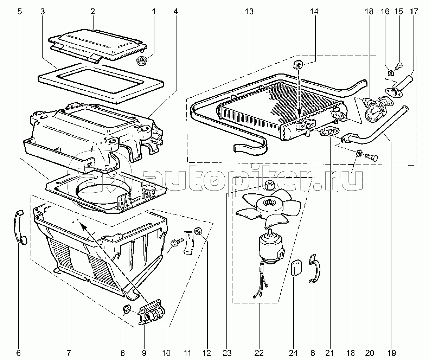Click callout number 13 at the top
[x=249, y=12]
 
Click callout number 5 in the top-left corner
[x=19, y=12]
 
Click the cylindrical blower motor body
[x=270, y=248]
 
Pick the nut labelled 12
[x=198, y=231]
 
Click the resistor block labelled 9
[x=152, y=311]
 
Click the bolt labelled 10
[x=177, y=242]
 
